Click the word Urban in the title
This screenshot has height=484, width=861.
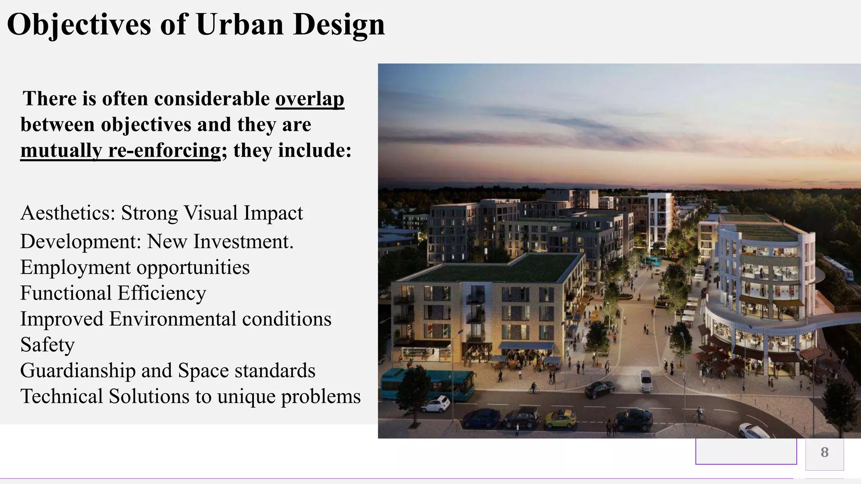point(240,24)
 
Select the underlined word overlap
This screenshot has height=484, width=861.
point(310,99)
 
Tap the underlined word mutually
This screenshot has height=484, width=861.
point(61,150)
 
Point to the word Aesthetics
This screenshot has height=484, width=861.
point(67,213)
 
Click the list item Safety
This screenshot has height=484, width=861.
point(48,345)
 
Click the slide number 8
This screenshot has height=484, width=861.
point(824,452)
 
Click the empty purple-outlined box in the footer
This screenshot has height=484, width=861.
point(746,451)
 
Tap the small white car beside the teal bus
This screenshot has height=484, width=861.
point(435,403)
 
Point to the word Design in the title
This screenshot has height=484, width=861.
point(339,24)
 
